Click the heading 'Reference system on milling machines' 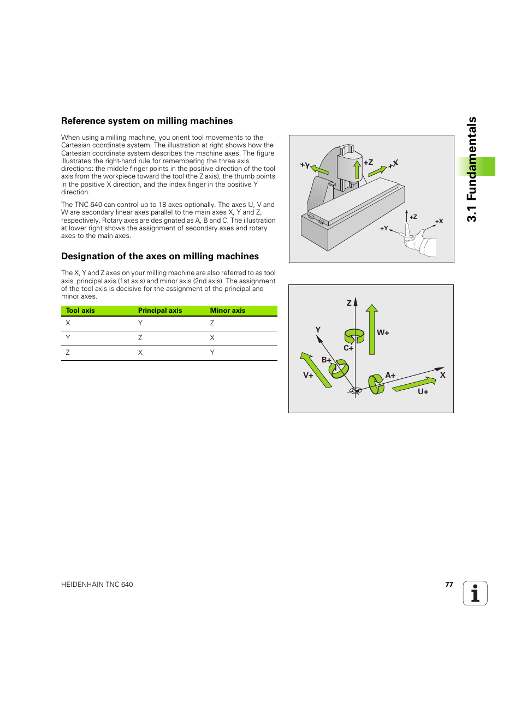click(x=147, y=121)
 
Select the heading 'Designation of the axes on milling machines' click(x=160, y=257)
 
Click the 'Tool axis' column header click(x=80, y=311)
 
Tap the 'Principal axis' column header click(x=160, y=311)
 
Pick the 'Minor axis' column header click(x=228, y=311)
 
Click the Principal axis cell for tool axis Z click(x=140, y=353)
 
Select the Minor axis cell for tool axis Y click(x=212, y=338)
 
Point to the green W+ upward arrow click(x=372, y=330)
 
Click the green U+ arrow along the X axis click(x=414, y=384)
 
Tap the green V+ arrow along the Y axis click(x=316, y=370)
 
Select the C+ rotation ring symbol click(x=354, y=336)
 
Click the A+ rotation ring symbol click(x=376, y=384)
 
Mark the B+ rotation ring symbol click(x=339, y=370)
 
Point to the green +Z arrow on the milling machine click(x=357, y=170)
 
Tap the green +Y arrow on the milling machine click(x=319, y=170)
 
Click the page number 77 click(x=449, y=585)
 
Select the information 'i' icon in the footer click(x=475, y=593)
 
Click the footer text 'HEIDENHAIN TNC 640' click(x=97, y=585)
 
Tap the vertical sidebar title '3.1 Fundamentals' click(x=472, y=169)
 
